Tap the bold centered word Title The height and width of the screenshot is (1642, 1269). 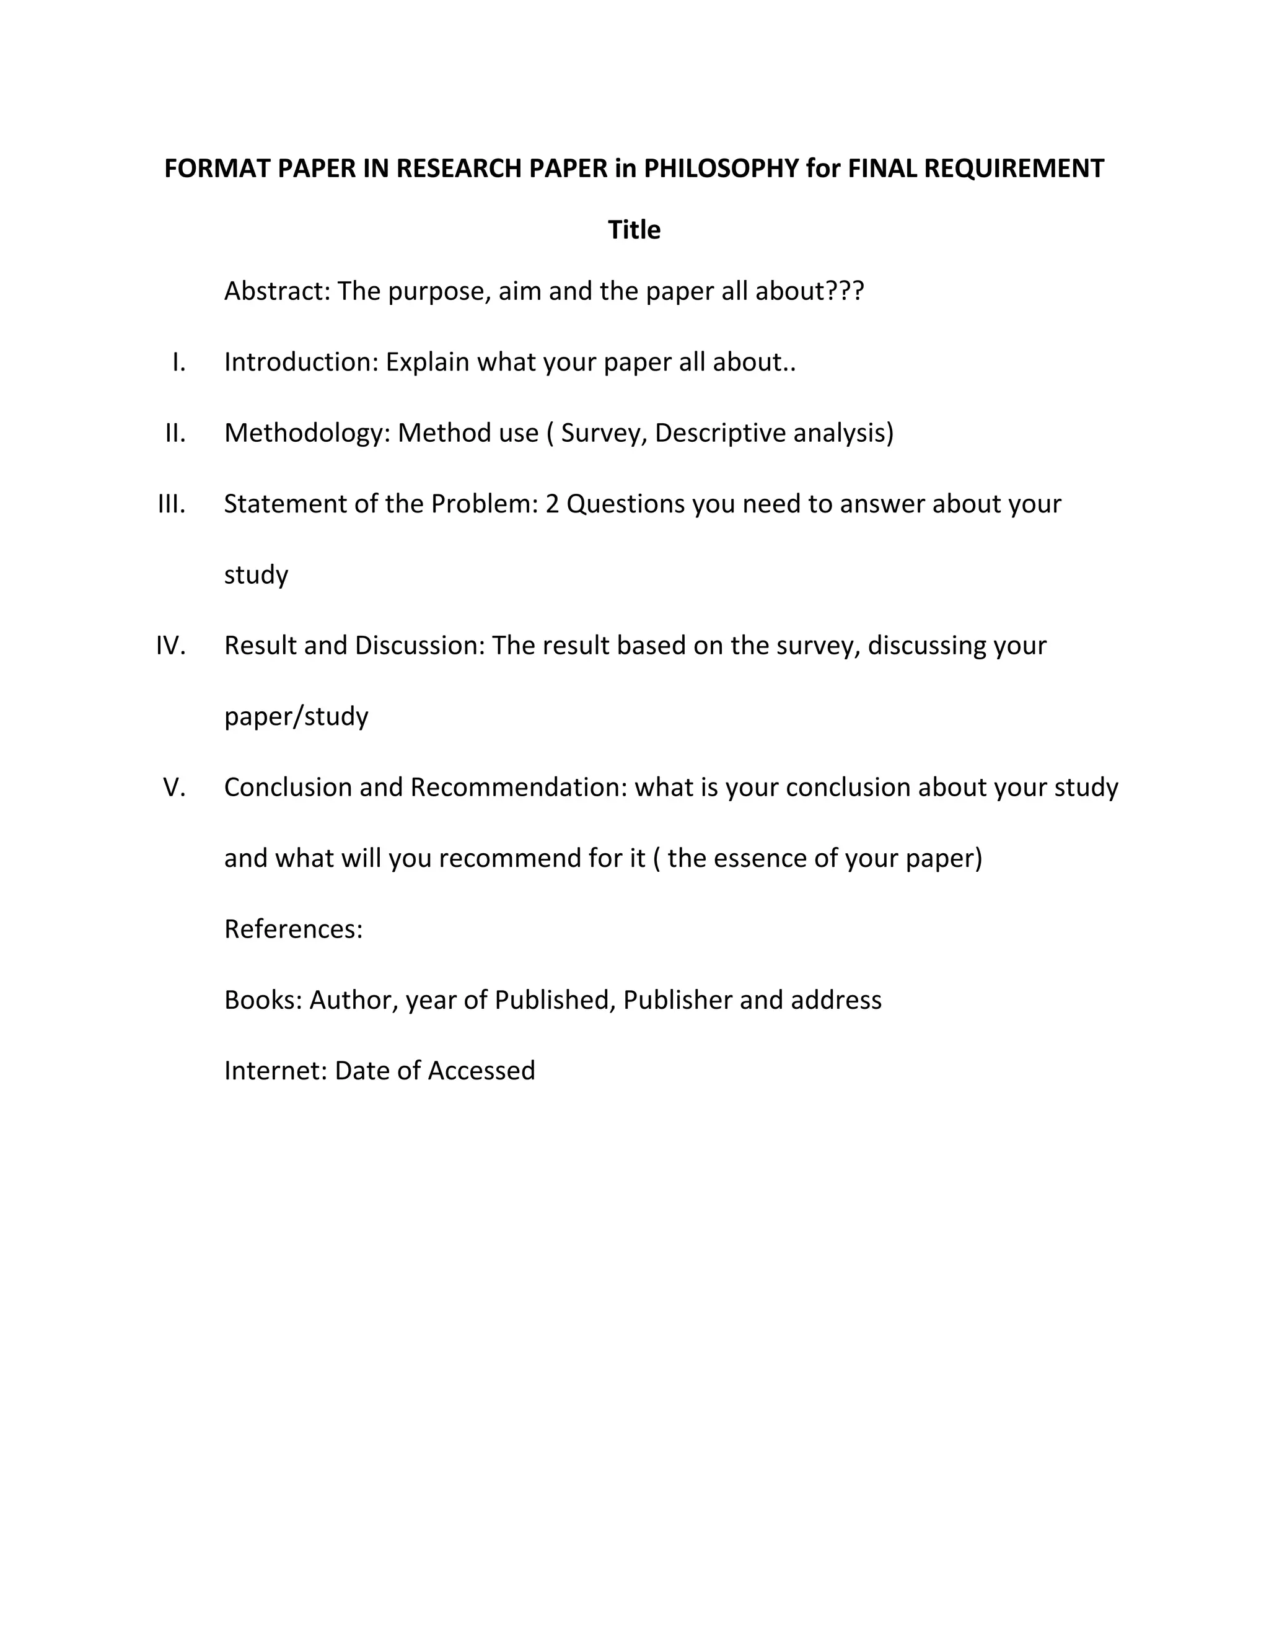pyautogui.click(x=634, y=229)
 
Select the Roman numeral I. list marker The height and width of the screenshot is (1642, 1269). pyautogui.click(x=178, y=362)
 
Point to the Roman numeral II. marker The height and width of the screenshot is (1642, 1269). pyautogui.click(x=175, y=433)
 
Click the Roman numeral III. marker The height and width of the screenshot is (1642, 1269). pyautogui.click(x=172, y=504)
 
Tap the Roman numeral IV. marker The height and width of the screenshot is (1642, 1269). pyautogui.click(x=170, y=645)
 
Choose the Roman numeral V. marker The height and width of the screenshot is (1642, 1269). pyautogui.click(x=174, y=787)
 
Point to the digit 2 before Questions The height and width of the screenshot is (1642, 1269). pyautogui.click(x=552, y=504)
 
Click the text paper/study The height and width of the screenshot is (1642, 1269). pyautogui.click(x=296, y=716)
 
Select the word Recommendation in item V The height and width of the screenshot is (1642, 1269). pyautogui.click(x=519, y=787)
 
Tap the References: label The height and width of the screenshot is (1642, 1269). pyautogui.click(x=293, y=929)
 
